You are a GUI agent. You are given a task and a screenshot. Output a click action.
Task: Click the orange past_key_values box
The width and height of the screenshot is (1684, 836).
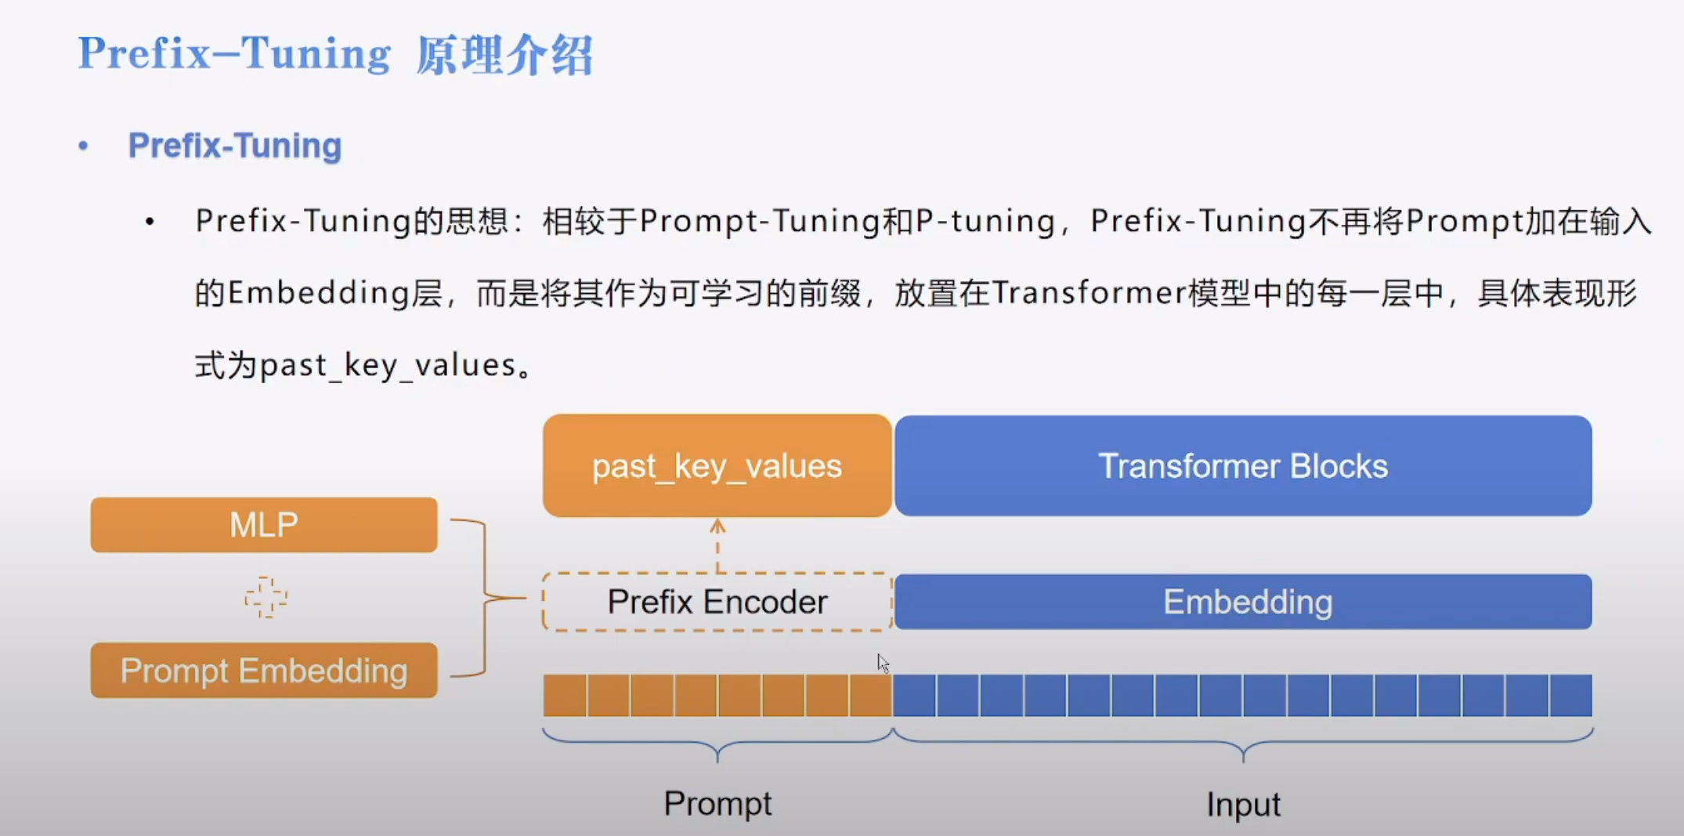click(717, 466)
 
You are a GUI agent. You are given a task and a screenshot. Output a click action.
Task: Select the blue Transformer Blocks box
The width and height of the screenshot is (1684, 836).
click(1242, 466)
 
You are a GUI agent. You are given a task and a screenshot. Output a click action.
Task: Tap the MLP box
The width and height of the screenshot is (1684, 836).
click(264, 525)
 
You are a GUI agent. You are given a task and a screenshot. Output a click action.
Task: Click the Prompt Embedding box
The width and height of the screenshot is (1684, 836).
click(264, 671)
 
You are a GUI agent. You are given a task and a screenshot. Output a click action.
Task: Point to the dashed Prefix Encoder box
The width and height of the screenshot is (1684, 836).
click(717, 602)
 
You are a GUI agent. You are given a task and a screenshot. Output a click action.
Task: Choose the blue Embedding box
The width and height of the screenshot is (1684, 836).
click(1242, 602)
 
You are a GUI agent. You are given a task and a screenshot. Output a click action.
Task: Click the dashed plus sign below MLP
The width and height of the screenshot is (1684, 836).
click(266, 598)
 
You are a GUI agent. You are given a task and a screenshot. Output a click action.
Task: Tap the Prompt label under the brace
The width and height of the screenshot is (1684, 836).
click(717, 804)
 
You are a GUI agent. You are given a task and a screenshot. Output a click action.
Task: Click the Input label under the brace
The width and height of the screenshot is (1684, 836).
click(1242, 805)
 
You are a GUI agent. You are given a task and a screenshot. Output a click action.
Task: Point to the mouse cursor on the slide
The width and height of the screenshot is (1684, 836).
click(883, 663)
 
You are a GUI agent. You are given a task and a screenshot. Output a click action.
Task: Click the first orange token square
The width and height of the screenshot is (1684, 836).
click(565, 695)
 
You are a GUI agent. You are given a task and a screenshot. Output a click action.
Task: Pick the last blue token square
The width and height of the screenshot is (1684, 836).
click(1570, 695)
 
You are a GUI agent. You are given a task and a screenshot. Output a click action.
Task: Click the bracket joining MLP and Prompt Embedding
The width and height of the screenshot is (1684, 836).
click(485, 598)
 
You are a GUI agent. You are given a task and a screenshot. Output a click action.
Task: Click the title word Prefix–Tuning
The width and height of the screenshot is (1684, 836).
click(234, 54)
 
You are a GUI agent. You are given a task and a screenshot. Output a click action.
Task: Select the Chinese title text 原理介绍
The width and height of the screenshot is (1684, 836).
click(504, 56)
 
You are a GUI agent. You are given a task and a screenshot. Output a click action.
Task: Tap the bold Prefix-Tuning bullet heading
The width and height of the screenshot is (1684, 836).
click(235, 146)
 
